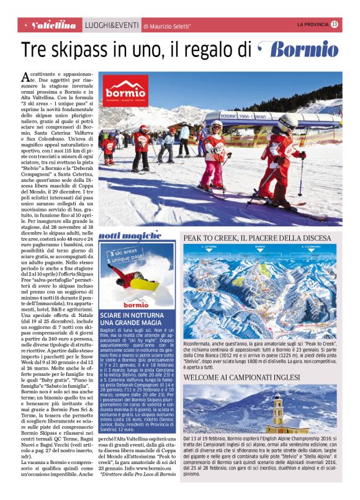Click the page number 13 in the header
click(335, 24)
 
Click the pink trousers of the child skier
click(215, 169)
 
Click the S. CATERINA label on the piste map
click(209, 247)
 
